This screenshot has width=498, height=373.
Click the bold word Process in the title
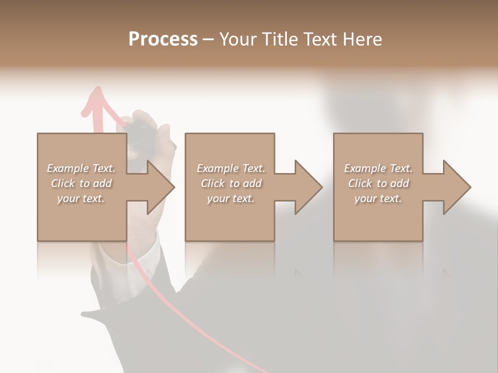pyautogui.click(x=163, y=39)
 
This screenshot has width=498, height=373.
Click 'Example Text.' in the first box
pyautogui.click(x=81, y=168)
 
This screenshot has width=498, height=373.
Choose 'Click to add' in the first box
pyautogui.click(x=81, y=183)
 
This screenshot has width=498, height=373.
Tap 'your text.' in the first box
pyautogui.click(x=81, y=198)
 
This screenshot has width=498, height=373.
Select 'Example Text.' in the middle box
pyautogui.click(x=231, y=168)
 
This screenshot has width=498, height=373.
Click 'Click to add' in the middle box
pyautogui.click(x=231, y=183)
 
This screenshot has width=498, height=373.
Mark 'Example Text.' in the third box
pyautogui.click(x=378, y=168)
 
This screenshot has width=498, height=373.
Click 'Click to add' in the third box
pyautogui.click(x=378, y=183)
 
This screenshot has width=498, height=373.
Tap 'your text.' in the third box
pyautogui.click(x=378, y=198)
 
